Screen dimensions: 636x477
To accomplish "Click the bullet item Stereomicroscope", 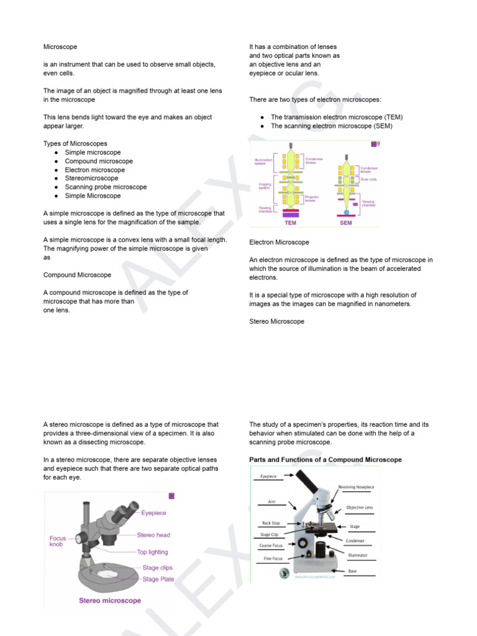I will point(91,178).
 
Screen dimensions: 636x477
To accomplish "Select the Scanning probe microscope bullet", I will point(106,187).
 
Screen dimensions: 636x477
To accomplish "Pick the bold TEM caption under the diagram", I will point(289,222).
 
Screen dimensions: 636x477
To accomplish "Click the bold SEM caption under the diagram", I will point(346,222).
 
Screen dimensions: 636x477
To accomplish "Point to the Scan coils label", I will point(368,179).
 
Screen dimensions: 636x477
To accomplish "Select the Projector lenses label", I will point(312,199).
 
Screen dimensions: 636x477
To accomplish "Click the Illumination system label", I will point(263,161).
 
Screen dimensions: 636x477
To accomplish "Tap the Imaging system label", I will point(265,186).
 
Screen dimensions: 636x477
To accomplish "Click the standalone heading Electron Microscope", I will point(279,242).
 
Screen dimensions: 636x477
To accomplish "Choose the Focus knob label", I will point(60,540).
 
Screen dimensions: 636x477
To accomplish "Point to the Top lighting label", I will point(152,552).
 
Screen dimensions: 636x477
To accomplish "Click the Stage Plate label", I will point(158,579).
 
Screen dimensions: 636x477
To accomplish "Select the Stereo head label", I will point(153,535).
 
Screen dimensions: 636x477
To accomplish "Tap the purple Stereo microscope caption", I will point(109,601).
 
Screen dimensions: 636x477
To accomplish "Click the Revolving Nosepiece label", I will point(355,488).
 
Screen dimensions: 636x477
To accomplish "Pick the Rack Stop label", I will point(271,523).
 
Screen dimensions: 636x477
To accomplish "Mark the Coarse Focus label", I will point(271,546).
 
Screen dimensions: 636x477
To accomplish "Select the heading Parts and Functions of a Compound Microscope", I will point(325,460).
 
